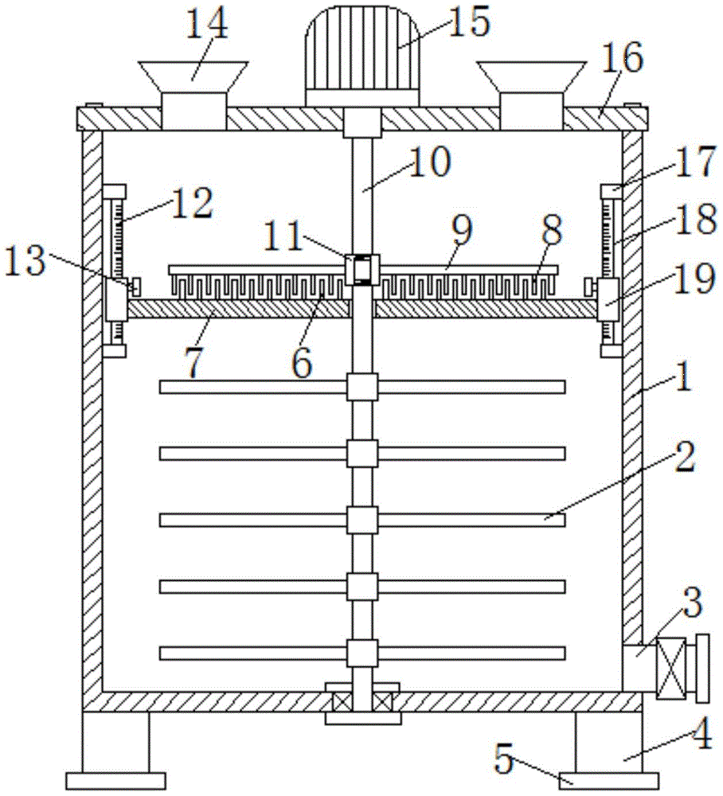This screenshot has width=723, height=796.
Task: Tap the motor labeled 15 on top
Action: click(362, 56)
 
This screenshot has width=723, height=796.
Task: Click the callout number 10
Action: click(429, 162)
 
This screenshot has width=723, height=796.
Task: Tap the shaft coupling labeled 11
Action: click(362, 269)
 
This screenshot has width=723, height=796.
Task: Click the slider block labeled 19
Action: click(608, 299)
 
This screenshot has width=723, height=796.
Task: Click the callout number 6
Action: click(302, 363)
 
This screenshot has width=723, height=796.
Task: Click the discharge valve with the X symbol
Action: click(670, 669)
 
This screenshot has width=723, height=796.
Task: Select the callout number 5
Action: click(505, 759)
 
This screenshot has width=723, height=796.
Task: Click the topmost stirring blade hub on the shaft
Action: click(362, 387)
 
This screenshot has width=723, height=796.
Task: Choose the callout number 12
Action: click(192, 204)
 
